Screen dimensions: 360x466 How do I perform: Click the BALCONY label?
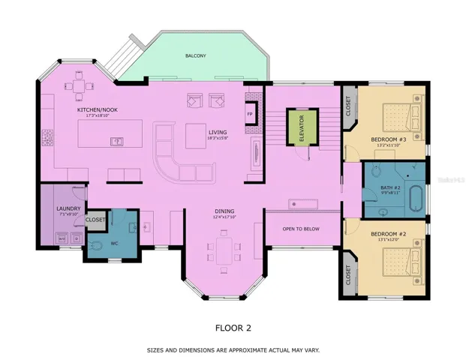tap(196, 55)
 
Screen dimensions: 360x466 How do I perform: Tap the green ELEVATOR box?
tap(301, 128)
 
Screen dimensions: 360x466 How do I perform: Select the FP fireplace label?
tap(250, 114)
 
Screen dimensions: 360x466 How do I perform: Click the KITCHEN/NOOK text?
tap(98, 110)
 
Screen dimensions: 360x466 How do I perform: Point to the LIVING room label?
tap(218, 133)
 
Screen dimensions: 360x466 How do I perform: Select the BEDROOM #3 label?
tap(388, 139)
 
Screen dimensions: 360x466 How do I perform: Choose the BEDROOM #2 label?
tap(388, 235)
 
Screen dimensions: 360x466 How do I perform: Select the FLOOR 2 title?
tap(233, 328)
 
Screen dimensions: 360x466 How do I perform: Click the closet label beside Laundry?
tap(95, 220)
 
